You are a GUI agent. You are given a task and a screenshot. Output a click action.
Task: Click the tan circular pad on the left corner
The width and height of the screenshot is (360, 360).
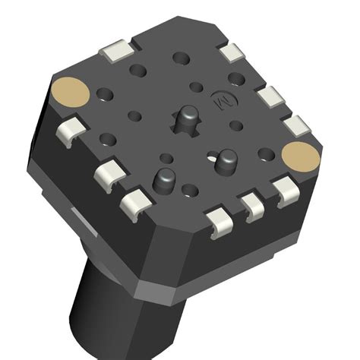coord(71,93)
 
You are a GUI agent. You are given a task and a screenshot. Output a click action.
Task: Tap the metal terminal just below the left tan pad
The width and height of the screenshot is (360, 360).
coord(74,128)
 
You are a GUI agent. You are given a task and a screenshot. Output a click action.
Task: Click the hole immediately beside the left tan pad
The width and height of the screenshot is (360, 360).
coord(106,95)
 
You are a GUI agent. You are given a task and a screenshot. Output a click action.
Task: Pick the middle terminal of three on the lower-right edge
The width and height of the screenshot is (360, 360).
coord(251,206)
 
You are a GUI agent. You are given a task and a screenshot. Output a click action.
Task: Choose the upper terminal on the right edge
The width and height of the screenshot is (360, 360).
coord(270,98)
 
